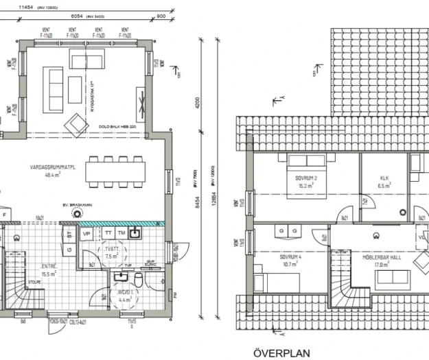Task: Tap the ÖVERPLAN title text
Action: pyautogui.click(x=281, y=353)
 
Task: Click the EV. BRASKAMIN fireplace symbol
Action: pyautogui.click(x=71, y=213)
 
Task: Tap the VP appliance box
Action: pyautogui.click(x=87, y=233)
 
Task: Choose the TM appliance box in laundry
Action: pyautogui.click(x=121, y=233)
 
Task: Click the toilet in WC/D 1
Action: pyautogui.click(x=138, y=280)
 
